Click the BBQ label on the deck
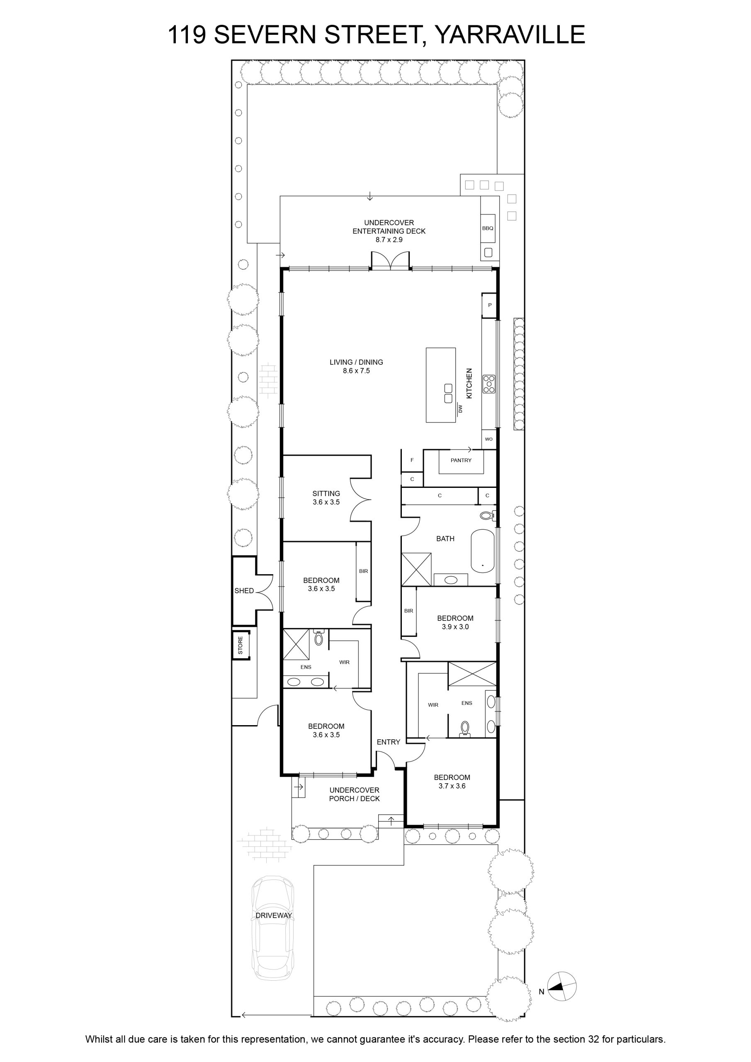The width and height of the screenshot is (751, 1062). (x=487, y=228)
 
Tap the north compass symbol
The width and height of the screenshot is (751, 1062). (x=562, y=986)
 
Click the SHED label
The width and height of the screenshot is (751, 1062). (x=244, y=591)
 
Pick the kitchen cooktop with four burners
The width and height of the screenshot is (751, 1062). (x=489, y=384)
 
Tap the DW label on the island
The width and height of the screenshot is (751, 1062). (x=460, y=409)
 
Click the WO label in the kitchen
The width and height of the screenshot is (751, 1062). (x=489, y=439)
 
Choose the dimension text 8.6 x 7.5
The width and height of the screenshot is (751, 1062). (x=357, y=371)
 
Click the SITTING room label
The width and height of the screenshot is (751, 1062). (x=326, y=494)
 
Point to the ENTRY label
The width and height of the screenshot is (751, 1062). (x=389, y=742)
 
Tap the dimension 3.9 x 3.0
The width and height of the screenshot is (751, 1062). (x=455, y=627)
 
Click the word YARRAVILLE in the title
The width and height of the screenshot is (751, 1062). (x=510, y=35)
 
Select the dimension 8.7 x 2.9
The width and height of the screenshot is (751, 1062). (x=389, y=240)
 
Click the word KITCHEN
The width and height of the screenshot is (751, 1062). (x=469, y=383)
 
